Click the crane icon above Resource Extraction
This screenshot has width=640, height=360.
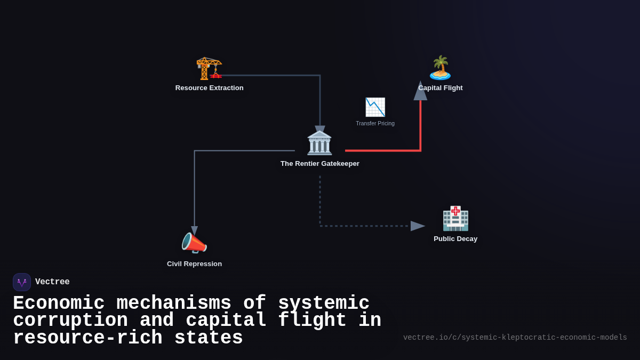pyautogui.click(x=209, y=68)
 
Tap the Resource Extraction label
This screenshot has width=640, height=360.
pyautogui.click(x=209, y=88)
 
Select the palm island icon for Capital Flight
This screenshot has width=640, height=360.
pyautogui.click(x=440, y=68)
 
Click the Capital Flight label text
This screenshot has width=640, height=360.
pyautogui.click(x=441, y=88)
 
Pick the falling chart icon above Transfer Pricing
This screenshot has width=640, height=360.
pyautogui.click(x=375, y=107)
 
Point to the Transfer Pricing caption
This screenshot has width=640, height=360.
pyautogui.click(x=375, y=124)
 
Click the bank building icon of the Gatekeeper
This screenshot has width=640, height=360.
pyautogui.click(x=319, y=143)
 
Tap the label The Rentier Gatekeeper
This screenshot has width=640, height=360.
pyautogui.click(x=319, y=164)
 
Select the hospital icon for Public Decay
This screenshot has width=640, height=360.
pyautogui.click(x=455, y=218)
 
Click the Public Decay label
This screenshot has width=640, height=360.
pyautogui.click(x=455, y=239)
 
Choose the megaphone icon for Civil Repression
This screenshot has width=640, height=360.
pyautogui.click(x=194, y=244)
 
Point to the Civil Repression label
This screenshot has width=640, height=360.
pyautogui.click(x=194, y=264)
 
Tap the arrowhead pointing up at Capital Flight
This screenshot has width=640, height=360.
pyautogui.click(x=420, y=91)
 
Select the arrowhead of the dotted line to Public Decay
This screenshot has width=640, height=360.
pyautogui.click(x=417, y=226)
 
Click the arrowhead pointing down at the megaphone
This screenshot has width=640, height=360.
pyautogui.click(x=194, y=231)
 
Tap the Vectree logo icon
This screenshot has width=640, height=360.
pyautogui.click(x=22, y=282)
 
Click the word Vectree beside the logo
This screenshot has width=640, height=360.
pyautogui.click(x=52, y=282)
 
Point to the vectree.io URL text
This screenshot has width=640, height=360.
pyautogui.click(x=515, y=338)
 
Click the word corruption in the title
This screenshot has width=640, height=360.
pyautogui.click(x=70, y=321)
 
